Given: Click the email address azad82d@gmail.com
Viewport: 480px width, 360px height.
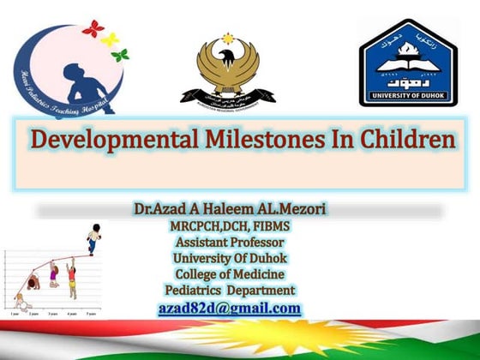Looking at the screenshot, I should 229,308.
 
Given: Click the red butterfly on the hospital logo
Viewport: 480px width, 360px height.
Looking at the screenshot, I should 93,28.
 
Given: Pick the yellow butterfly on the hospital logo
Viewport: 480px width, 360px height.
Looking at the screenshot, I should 110,39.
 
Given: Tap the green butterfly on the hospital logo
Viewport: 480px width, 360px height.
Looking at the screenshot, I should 120,55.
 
